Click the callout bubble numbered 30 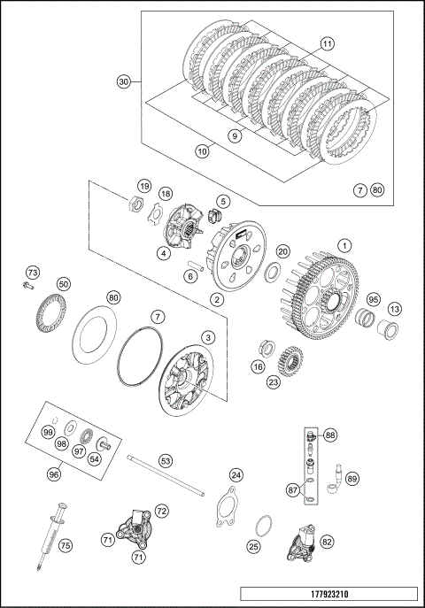124,81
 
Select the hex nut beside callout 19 136,203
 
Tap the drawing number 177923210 329,594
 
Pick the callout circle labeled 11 328,44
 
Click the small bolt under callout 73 28,285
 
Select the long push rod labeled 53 166,475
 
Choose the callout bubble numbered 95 373,299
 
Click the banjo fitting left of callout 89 335,479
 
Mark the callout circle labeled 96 54,473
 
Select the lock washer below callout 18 156,212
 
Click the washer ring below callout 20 274,272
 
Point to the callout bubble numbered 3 208,337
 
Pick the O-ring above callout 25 264,525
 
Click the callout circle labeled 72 162,511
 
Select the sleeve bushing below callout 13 388,331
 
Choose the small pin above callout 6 195,264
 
